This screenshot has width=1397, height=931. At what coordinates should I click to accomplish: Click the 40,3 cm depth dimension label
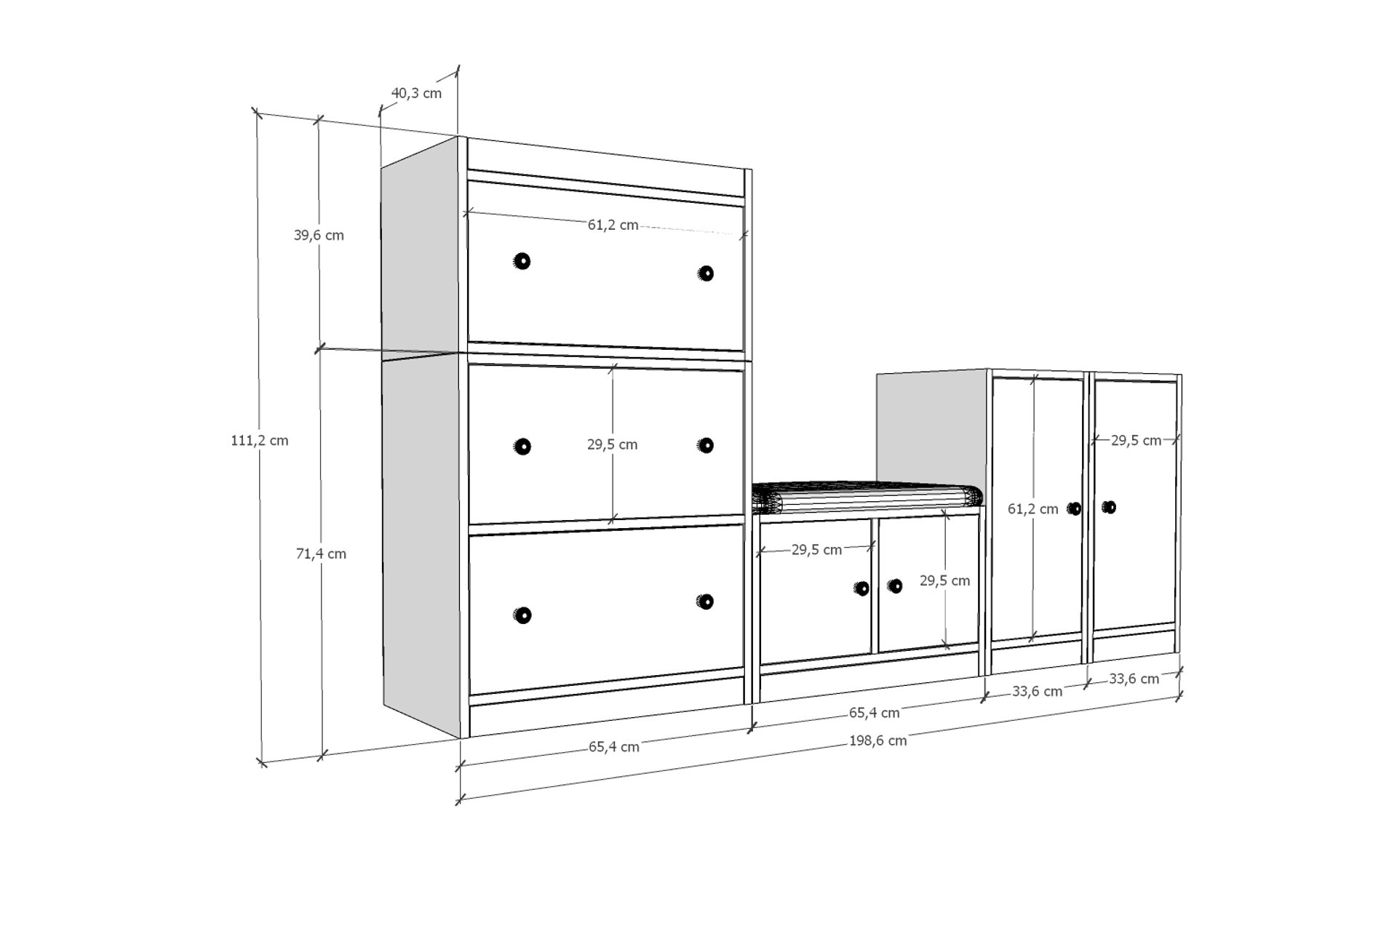tap(416, 93)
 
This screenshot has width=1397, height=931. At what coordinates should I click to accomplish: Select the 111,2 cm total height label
tap(260, 440)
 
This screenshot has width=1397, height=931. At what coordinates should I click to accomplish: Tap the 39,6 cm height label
tap(319, 235)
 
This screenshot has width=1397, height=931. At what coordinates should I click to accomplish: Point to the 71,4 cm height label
tap(321, 554)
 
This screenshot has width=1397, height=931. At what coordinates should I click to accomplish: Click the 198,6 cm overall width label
tap(877, 740)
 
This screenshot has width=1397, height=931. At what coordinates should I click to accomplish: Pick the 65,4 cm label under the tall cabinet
tap(614, 747)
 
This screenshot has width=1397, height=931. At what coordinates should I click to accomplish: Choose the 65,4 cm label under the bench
tap(875, 713)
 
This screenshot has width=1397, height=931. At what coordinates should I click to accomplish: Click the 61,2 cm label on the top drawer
tap(613, 225)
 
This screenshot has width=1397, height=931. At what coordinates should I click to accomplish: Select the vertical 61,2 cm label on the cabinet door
tap(1032, 509)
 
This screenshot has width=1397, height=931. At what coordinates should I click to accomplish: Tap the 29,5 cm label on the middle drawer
tap(613, 444)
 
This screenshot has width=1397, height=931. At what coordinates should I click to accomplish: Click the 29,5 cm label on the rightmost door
tap(1136, 440)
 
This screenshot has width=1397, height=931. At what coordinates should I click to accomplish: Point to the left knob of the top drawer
tap(522, 261)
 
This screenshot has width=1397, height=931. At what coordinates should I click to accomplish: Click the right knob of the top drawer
tap(705, 273)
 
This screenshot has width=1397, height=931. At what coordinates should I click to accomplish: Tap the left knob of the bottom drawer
tap(522, 615)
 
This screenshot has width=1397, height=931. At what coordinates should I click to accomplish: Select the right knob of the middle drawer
tap(705, 445)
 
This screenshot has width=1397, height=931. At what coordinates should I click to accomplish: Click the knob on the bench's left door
tap(862, 588)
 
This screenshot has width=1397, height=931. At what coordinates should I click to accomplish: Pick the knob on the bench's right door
tap(895, 586)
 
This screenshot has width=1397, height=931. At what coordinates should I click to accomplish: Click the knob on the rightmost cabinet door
tap(1109, 507)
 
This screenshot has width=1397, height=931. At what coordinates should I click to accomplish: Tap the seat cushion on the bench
tap(867, 498)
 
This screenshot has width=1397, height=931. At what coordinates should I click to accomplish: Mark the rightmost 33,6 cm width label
tap(1134, 679)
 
